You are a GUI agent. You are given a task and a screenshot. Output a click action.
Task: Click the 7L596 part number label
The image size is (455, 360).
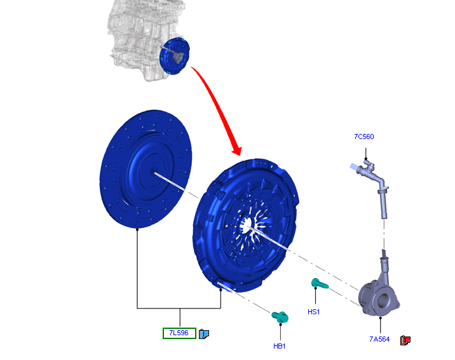(x=179, y=333)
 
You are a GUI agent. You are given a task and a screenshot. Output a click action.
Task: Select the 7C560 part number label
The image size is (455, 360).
(x=364, y=137)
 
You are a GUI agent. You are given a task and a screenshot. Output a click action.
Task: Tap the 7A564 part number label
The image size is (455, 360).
(x=379, y=339)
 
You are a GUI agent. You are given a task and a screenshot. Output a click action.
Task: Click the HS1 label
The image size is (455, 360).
(x=313, y=312)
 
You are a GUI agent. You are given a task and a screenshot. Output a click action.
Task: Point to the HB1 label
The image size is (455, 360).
(x=279, y=346)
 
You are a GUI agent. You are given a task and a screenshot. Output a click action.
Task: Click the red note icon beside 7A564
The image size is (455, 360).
(x=405, y=340)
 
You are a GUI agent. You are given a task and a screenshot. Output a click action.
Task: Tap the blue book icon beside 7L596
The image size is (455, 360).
(x=204, y=334)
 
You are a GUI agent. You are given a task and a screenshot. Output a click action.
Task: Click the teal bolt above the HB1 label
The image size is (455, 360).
(x=280, y=317)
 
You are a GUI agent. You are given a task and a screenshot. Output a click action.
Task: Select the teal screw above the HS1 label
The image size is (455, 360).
(x=320, y=283)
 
